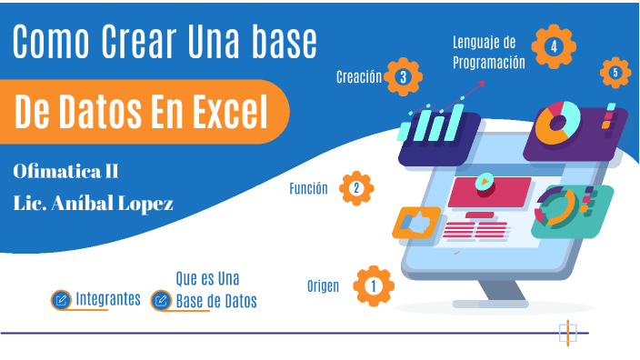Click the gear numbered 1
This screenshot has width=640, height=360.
(373, 286)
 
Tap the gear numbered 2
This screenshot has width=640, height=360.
(355, 188)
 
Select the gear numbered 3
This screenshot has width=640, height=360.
(403, 77)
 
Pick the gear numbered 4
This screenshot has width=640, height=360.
(554, 45)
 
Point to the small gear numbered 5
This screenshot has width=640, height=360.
(615, 72)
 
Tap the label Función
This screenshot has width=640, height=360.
(308, 189)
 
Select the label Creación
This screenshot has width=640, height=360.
(358, 77)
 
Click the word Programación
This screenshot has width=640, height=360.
(489, 63)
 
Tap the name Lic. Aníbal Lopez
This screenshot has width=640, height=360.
(94, 201)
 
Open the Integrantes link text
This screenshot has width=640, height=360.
(108, 298)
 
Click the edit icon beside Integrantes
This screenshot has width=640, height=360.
(62, 299)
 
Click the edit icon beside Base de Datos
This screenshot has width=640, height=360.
(161, 300)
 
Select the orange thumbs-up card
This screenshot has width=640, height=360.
(416, 222)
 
